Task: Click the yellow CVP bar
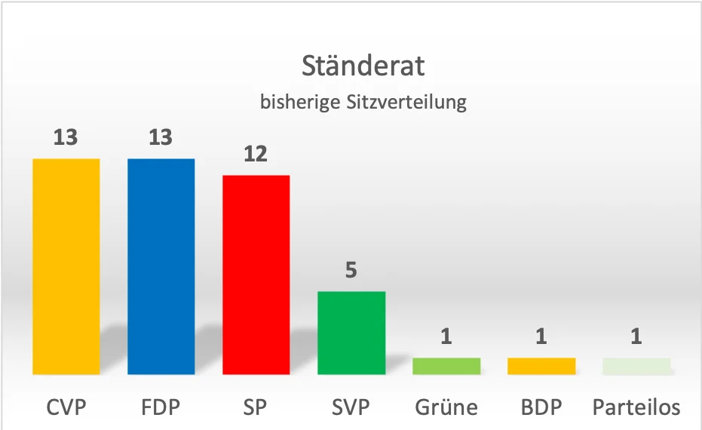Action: [66, 266]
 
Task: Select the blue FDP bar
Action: [161, 266]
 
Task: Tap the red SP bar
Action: [256, 275]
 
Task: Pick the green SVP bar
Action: [351, 333]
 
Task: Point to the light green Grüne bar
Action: [446, 366]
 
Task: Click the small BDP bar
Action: [541, 366]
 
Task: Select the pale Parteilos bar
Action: [636, 366]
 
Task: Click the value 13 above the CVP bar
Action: [66, 138]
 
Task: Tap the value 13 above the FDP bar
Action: [161, 138]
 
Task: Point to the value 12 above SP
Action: [256, 155]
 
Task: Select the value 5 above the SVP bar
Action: [351, 271]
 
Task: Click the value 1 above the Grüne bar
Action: [446, 336]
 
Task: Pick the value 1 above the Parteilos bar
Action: [636, 336]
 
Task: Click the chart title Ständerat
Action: [363, 66]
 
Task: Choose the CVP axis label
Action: [66, 408]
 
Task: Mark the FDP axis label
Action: [161, 408]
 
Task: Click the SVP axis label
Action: [351, 408]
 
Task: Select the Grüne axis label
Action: [446, 408]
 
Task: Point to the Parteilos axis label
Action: [636, 408]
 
